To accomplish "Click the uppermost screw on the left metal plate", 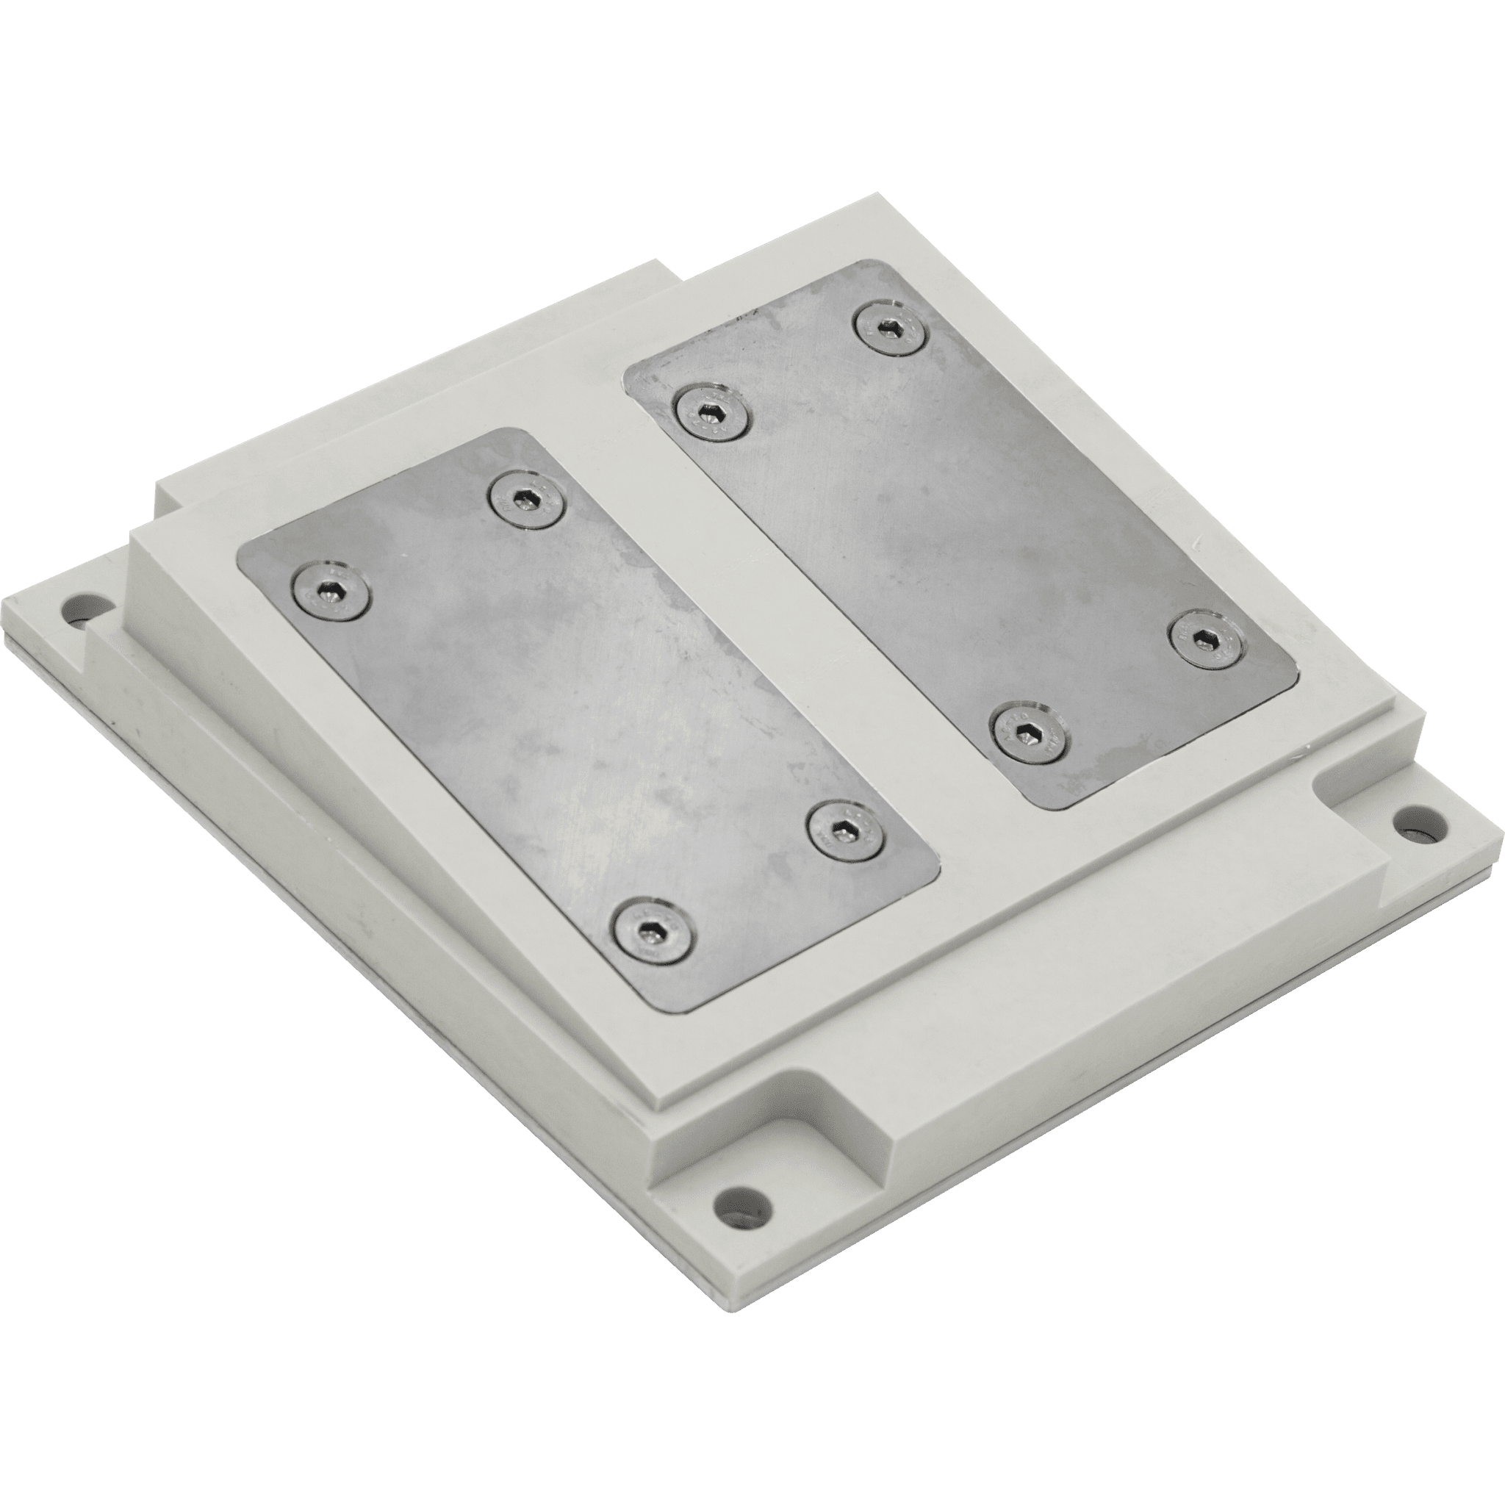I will tap(528, 499).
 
